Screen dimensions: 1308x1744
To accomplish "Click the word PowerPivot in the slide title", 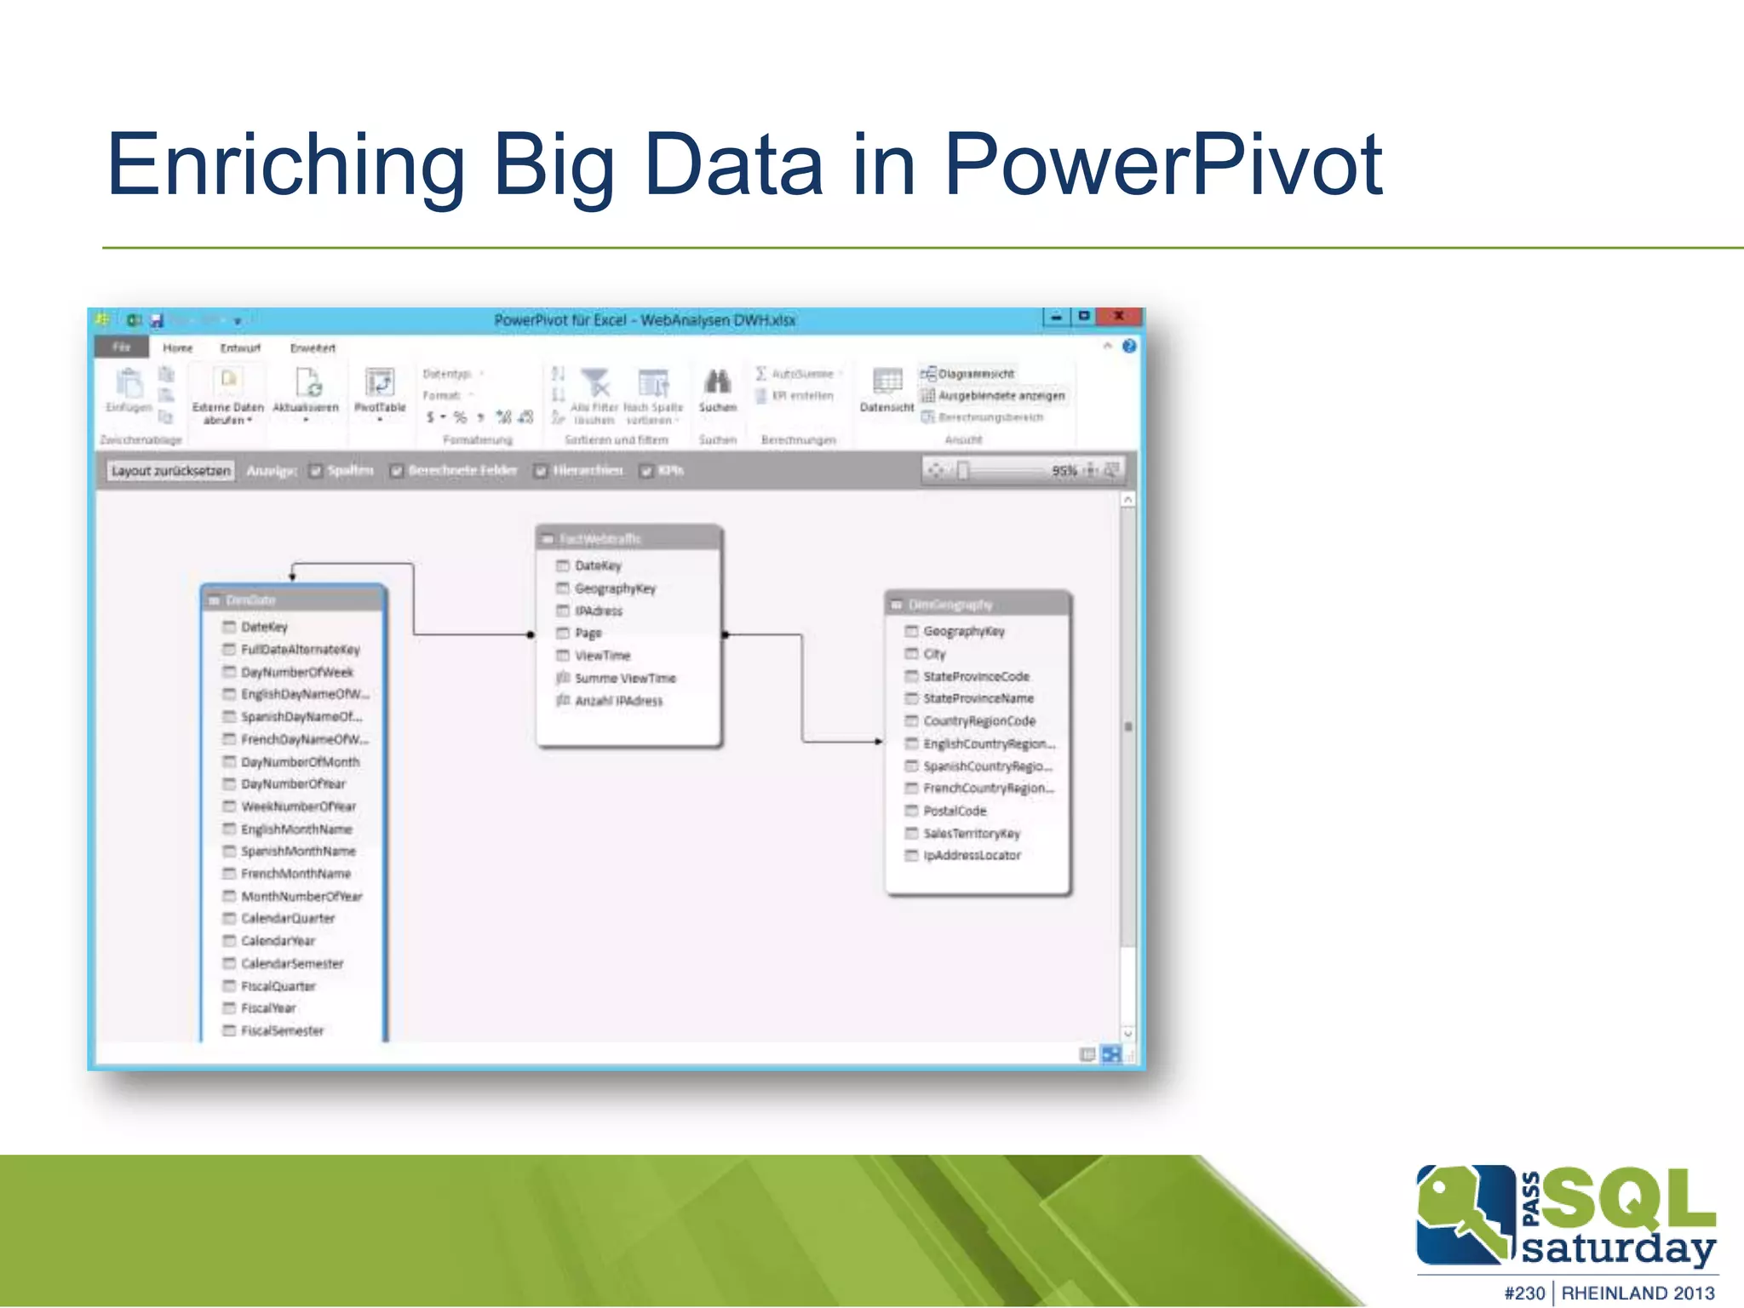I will click(x=1162, y=164).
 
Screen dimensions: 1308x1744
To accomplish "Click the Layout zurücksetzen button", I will click(x=171, y=471).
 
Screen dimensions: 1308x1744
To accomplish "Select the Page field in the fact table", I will click(x=588, y=633).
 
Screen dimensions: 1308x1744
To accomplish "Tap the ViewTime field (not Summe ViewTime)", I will click(x=602, y=656).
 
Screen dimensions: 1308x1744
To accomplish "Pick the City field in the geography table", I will click(x=934, y=654).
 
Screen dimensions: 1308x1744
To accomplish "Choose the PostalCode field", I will click(x=955, y=811).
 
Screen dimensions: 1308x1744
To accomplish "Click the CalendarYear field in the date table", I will click(x=278, y=941).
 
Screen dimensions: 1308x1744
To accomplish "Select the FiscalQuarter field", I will click(x=278, y=986).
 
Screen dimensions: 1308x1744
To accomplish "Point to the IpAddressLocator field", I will click(x=972, y=855).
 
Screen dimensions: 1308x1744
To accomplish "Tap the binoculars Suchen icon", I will click(x=718, y=382).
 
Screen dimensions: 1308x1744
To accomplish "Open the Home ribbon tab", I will click(x=178, y=347).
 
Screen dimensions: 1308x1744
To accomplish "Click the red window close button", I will click(x=1119, y=317).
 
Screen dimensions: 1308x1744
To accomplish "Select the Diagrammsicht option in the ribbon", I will click(x=975, y=374).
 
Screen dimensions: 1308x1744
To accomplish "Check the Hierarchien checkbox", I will click(x=541, y=471).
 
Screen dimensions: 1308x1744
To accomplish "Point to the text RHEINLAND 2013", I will click(x=1638, y=1293).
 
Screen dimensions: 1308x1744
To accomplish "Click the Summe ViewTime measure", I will click(x=625, y=679).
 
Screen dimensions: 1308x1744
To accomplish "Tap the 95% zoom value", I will click(x=1064, y=471).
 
